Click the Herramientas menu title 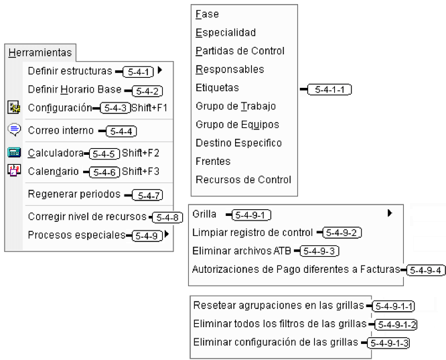[x=40, y=53]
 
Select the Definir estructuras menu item [x=70, y=71]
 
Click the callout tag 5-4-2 [x=147, y=91]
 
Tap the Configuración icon [x=13, y=107]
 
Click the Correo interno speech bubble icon [x=14, y=130]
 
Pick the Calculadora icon [x=14, y=153]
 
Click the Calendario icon [x=14, y=170]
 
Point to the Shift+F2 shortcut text [x=140, y=153]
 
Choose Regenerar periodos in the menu [x=74, y=194]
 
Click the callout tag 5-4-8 [x=167, y=218]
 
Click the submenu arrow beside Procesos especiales [x=167, y=235]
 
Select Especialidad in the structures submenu [x=226, y=32]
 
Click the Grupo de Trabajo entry [x=236, y=106]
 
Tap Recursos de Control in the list [x=243, y=180]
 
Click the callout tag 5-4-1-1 [x=329, y=89]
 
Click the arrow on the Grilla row [x=390, y=213]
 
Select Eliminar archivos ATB [x=242, y=251]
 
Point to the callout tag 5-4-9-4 [x=425, y=270]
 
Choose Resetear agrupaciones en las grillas [x=279, y=305]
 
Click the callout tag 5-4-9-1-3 [x=388, y=343]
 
